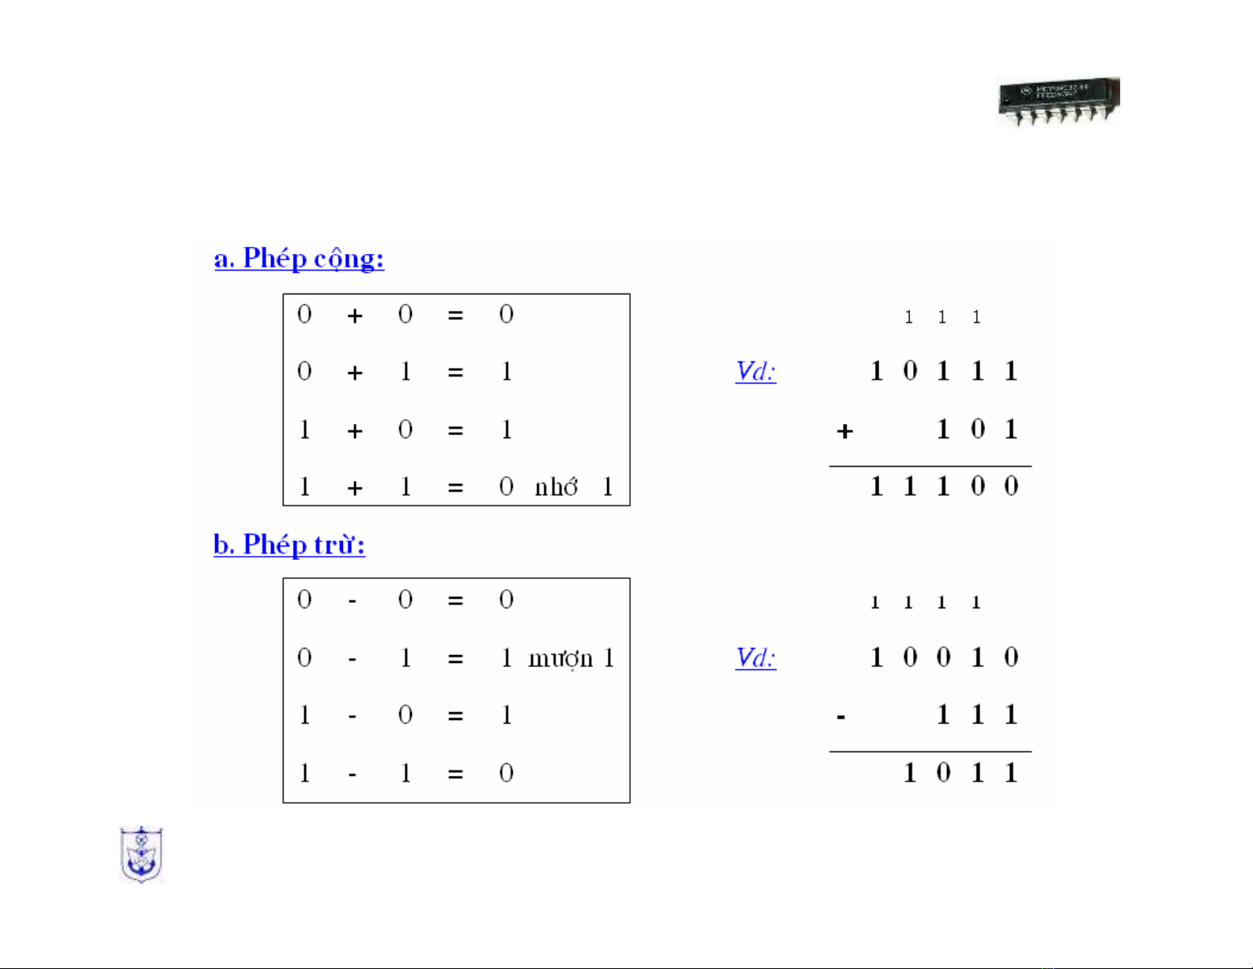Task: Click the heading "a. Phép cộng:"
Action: tap(299, 259)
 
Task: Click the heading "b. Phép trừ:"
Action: tap(289, 545)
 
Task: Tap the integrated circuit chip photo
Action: tap(1059, 102)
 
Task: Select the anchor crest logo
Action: tap(141, 854)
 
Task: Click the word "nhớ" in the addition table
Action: tap(556, 487)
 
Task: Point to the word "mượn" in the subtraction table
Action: tap(560, 658)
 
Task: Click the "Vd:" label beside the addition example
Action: tap(756, 371)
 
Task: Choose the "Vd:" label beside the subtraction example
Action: tap(756, 657)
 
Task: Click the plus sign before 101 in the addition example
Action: tap(845, 431)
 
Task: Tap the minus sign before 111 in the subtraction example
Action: tap(841, 717)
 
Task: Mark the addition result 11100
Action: tap(943, 486)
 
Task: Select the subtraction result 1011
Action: tap(960, 773)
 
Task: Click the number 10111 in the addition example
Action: tap(943, 371)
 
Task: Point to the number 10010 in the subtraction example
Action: tap(943, 657)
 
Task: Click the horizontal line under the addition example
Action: tap(930, 467)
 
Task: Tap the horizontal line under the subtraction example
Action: tap(930, 751)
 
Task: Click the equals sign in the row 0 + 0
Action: tap(455, 316)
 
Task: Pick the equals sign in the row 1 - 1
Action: tap(455, 774)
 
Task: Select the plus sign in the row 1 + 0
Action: tap(355, 431)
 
